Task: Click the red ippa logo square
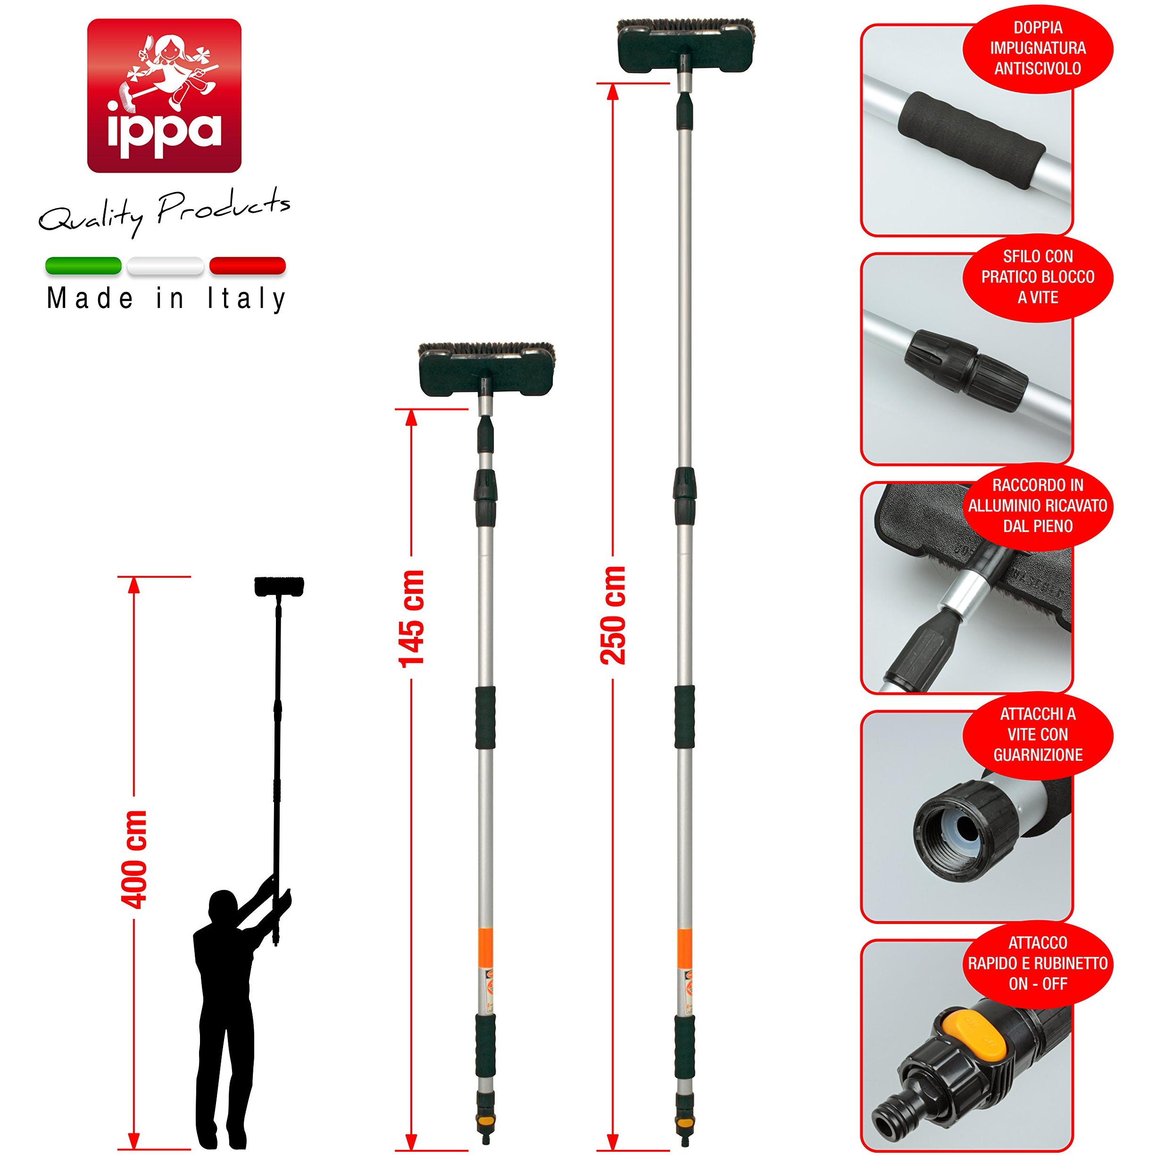(164, 96)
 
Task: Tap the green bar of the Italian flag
(83, 266)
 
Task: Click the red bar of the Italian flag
(247, 266)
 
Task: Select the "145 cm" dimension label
(412, 618)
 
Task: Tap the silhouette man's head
(223, 909)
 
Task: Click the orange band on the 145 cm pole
(486, 944)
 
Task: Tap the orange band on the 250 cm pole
(684, 944)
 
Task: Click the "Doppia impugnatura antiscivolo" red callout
(1038, 49)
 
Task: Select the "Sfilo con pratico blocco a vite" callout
(1038, 277)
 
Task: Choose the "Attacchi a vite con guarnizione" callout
(1038, 734)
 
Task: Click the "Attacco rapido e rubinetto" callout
(1038, 963)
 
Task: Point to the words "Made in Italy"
(166, 299)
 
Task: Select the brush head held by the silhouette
(279, 586)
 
